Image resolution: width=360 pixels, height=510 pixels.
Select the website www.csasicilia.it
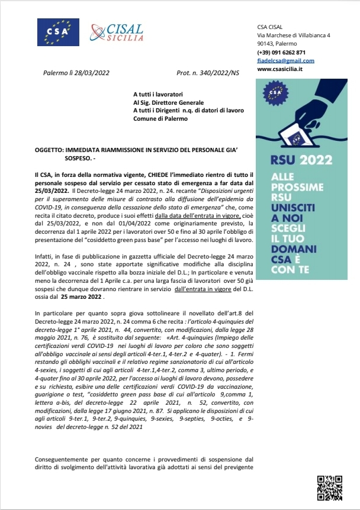(280, 69)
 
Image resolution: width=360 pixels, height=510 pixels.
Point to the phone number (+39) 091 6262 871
(281, 52)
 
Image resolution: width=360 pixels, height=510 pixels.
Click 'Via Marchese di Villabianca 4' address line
(294, 35)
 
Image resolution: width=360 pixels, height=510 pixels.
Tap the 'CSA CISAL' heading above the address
(270, 27)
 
